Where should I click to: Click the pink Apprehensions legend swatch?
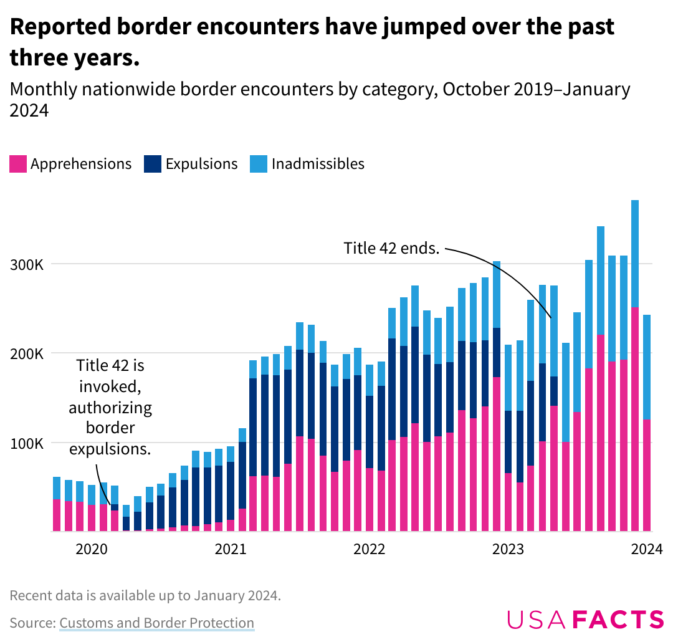click(x=18, y=164)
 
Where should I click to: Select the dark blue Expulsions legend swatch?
click(x=152, y=164)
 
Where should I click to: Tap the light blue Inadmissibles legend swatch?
click(x=259, y=164)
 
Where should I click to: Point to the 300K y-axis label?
click(x=27, y=264)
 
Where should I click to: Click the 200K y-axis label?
click(x=27, y=354)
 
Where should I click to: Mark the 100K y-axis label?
click(x=27, y=444)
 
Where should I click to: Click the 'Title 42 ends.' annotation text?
click(x=392, y=248)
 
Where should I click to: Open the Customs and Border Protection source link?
click(x=156, y=623)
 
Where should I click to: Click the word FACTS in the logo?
click(x=618, y=620)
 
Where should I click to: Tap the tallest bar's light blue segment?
click(x=635, y=253)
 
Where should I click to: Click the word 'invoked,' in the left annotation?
click(x=110, y=386)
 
